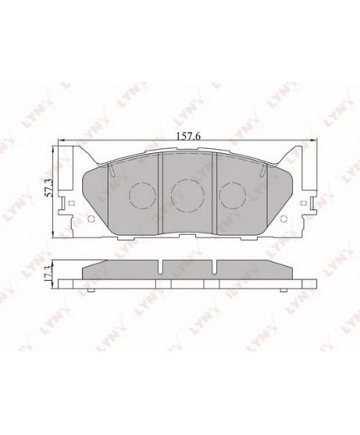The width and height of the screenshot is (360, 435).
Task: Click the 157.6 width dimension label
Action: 189,136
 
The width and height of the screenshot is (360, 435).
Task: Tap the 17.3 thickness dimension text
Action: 49,274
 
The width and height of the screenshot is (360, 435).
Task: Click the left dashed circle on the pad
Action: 142,195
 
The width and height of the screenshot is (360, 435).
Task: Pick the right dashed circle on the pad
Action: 233,195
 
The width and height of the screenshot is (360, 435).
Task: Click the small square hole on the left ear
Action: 70,202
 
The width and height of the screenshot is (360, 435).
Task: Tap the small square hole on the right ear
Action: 303,202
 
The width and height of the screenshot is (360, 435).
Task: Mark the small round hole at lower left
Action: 90,219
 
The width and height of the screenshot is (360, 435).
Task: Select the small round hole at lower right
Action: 283,219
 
